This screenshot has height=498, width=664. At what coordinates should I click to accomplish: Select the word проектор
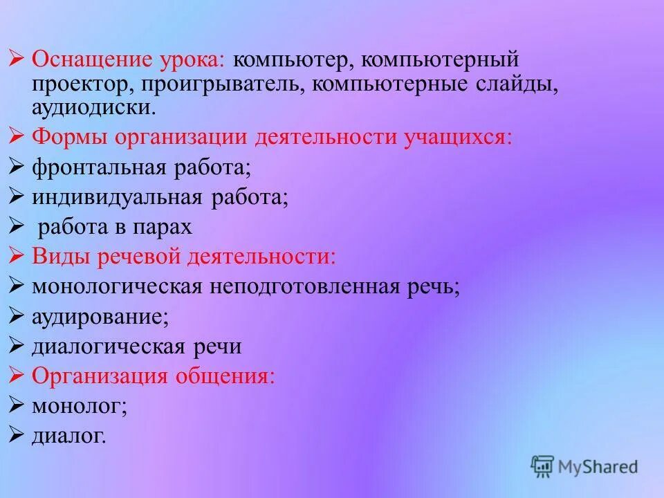[74, 84]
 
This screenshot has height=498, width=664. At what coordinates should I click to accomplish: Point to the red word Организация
[100, 376]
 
